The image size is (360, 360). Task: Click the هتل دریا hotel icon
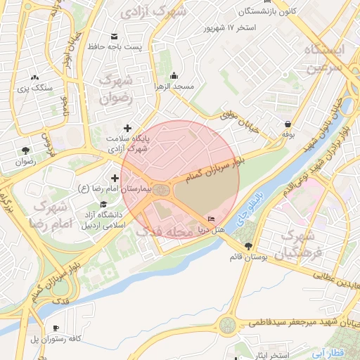click(x=212, y=219)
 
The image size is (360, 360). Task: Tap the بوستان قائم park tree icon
click(x=247, y=245)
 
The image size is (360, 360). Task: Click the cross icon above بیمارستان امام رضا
click(x=115, y=179)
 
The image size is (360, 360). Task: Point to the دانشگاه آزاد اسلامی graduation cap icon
click(x=103, y=204)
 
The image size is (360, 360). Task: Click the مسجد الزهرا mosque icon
click(x=174, y=76)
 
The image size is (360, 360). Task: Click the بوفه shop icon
click(x=289, y=124)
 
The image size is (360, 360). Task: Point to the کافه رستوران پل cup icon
click(x=56, y=328)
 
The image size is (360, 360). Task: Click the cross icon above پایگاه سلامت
click(x=127, y=128)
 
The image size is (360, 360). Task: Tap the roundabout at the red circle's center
click(x=162, y=191)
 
